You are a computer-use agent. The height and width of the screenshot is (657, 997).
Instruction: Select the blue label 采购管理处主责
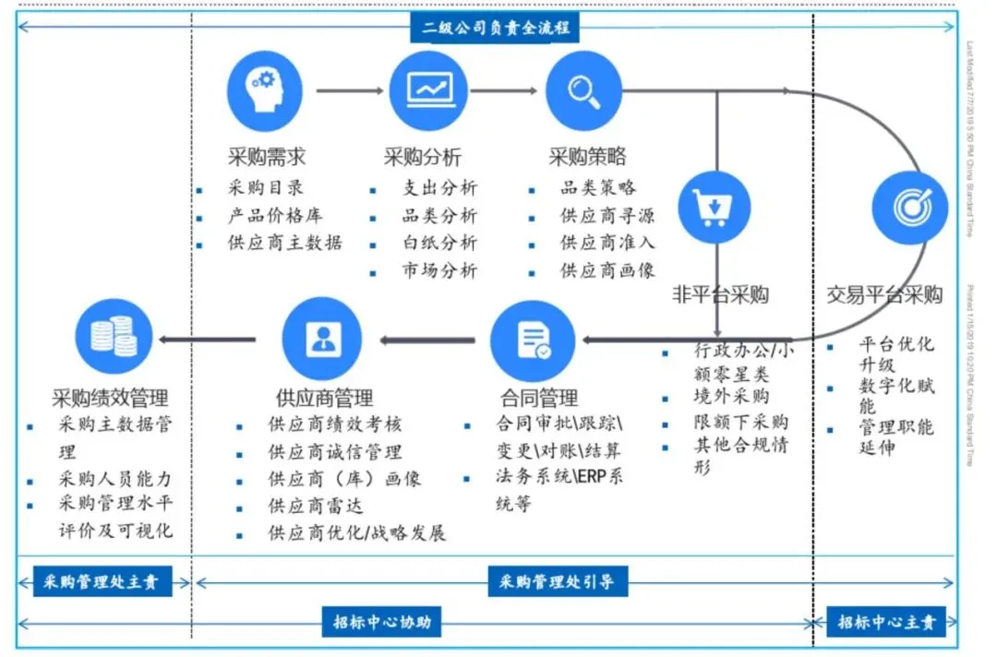coord(102,582)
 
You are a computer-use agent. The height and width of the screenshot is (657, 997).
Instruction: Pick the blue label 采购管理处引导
coord(557,582)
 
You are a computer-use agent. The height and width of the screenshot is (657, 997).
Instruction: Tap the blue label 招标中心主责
coord(885,622)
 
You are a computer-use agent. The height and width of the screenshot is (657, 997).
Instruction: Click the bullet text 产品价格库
coord(275,216)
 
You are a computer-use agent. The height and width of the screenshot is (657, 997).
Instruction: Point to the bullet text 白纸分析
coord(439,243)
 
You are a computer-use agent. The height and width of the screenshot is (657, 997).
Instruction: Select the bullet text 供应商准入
coord(607,243)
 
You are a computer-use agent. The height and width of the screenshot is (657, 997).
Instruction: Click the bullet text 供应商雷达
coord(316,506)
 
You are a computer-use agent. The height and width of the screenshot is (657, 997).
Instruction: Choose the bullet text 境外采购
coord(731,397)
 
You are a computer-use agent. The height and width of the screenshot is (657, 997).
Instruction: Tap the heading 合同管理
coord(539,399)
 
